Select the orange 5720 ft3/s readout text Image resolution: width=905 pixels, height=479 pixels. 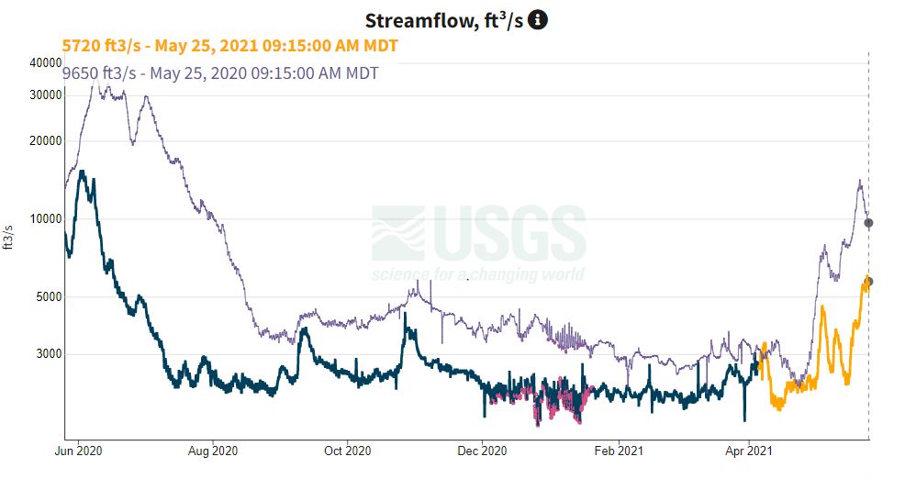(x=229, y=45)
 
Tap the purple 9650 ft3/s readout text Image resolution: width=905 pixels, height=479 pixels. (x=220, y=73)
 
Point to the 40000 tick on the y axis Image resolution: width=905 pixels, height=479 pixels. (x=45, y=62)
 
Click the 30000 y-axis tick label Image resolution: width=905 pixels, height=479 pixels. (x=45, y=95)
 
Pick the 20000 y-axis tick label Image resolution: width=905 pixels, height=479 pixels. (x=45, y=141)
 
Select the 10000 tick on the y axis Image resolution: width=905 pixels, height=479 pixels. (x=45, y=219)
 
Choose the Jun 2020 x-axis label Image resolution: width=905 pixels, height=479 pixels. (x=78, y=451)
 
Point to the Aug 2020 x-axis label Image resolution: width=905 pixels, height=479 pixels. (x=213, y=451)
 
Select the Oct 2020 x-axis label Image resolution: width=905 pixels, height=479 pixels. (x=348, y=451)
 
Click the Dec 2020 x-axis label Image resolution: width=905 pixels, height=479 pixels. (x=483, y=451)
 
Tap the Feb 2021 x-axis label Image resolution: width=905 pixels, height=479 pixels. (x=619, y=451)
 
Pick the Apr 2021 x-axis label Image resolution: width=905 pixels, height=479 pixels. (x=748, y=451)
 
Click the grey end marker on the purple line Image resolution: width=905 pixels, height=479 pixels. (x=868, y=223)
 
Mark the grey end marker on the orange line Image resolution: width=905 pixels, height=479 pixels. (x=868, y=282)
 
